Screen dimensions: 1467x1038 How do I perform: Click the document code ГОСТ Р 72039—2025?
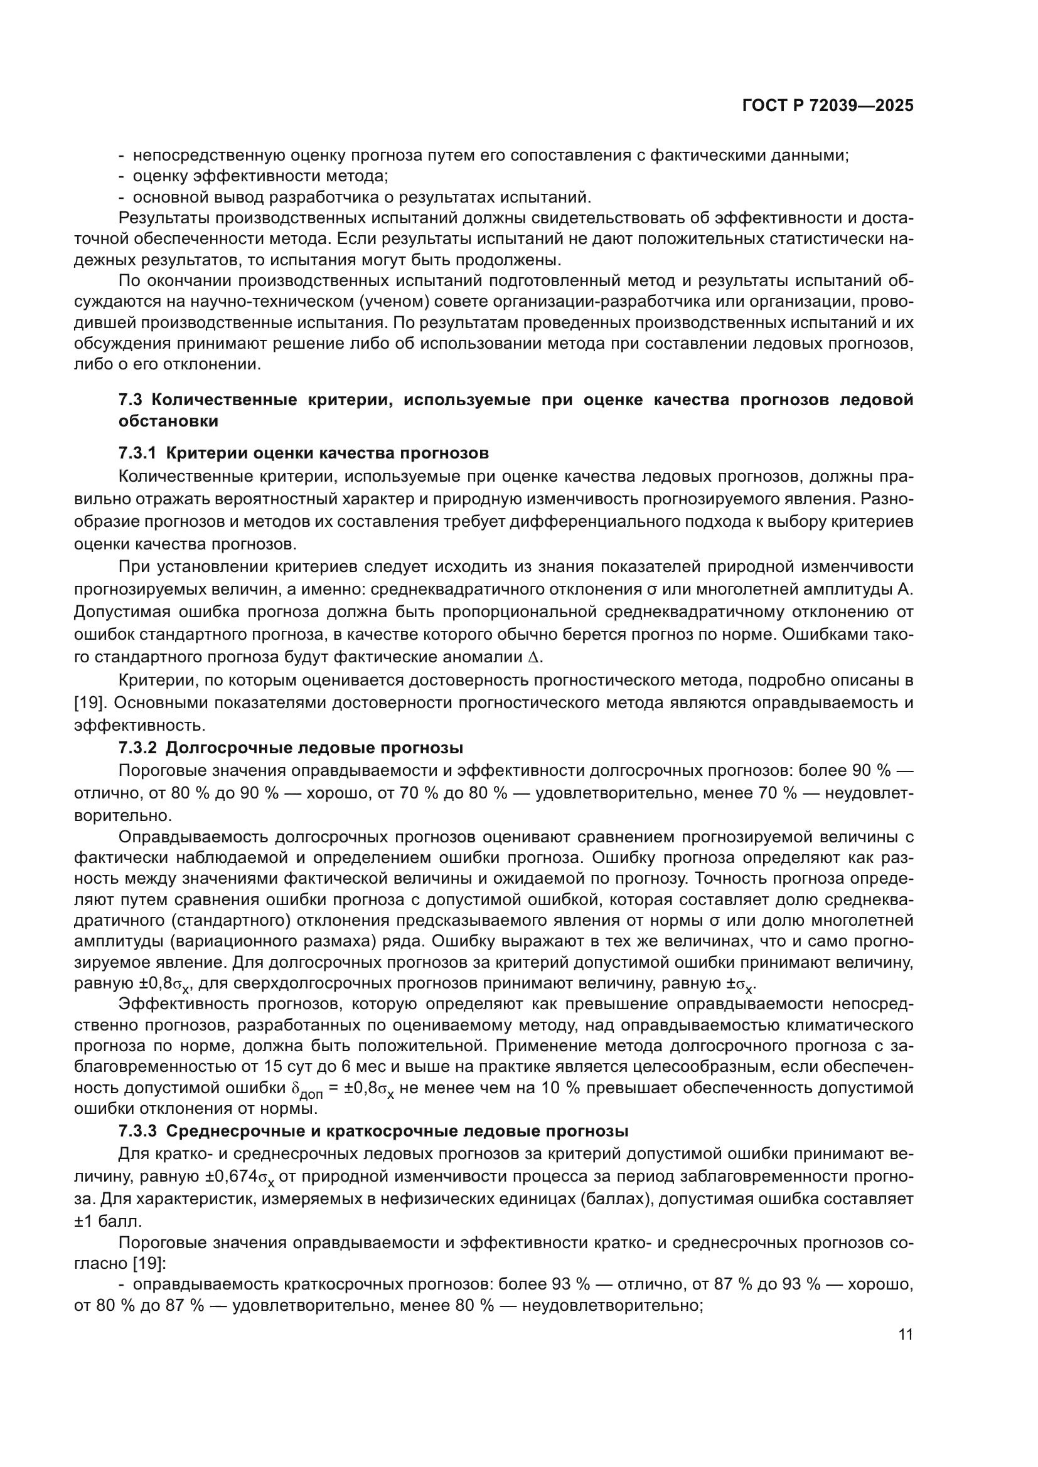pyautogui.click(x=828, y=106)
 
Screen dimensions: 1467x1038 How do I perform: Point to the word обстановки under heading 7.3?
pyautogui.click(x=168, y=421)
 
